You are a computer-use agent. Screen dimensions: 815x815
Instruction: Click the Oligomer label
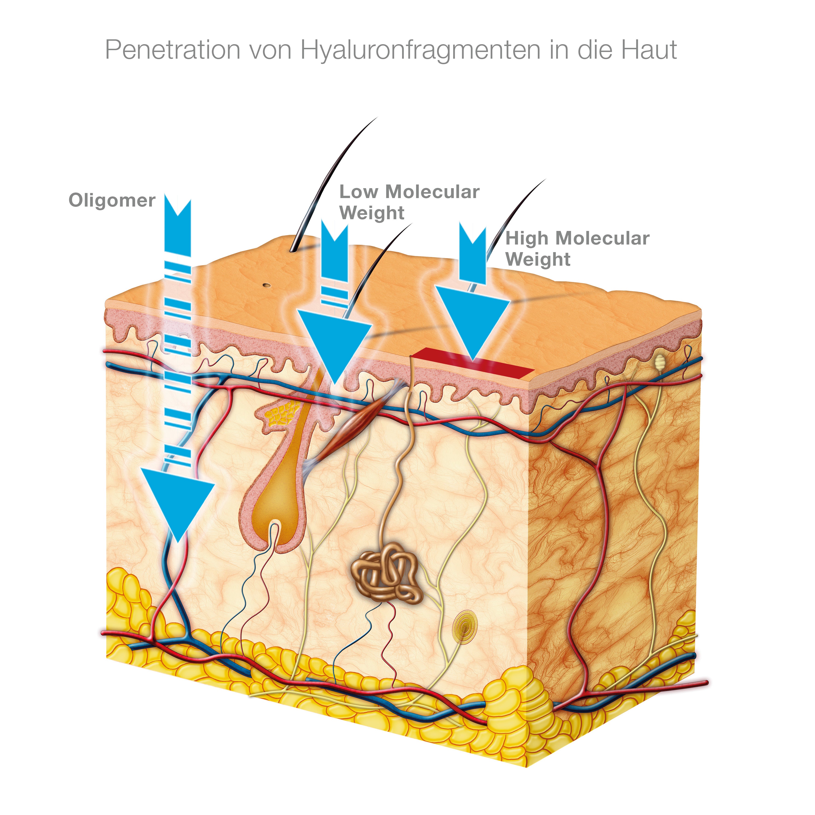pos(112,200)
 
